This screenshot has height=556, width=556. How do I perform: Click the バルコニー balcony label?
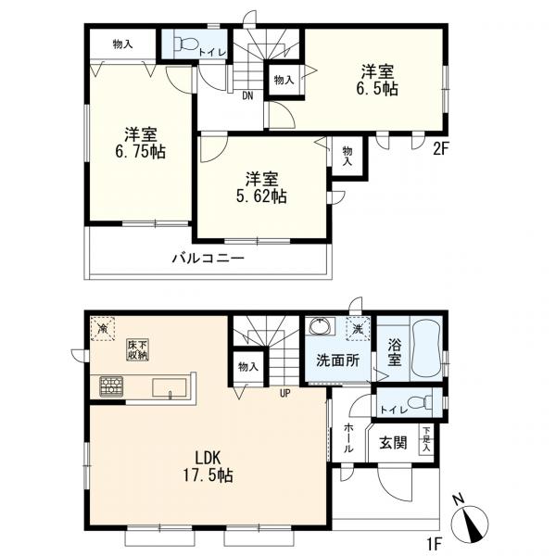208,259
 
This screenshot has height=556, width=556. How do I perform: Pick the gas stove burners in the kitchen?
112,385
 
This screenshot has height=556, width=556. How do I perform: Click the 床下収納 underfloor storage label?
137,349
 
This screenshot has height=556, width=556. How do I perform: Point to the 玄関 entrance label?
393,443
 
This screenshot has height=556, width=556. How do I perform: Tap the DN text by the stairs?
248,95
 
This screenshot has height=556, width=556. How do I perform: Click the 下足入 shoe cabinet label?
426,436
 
